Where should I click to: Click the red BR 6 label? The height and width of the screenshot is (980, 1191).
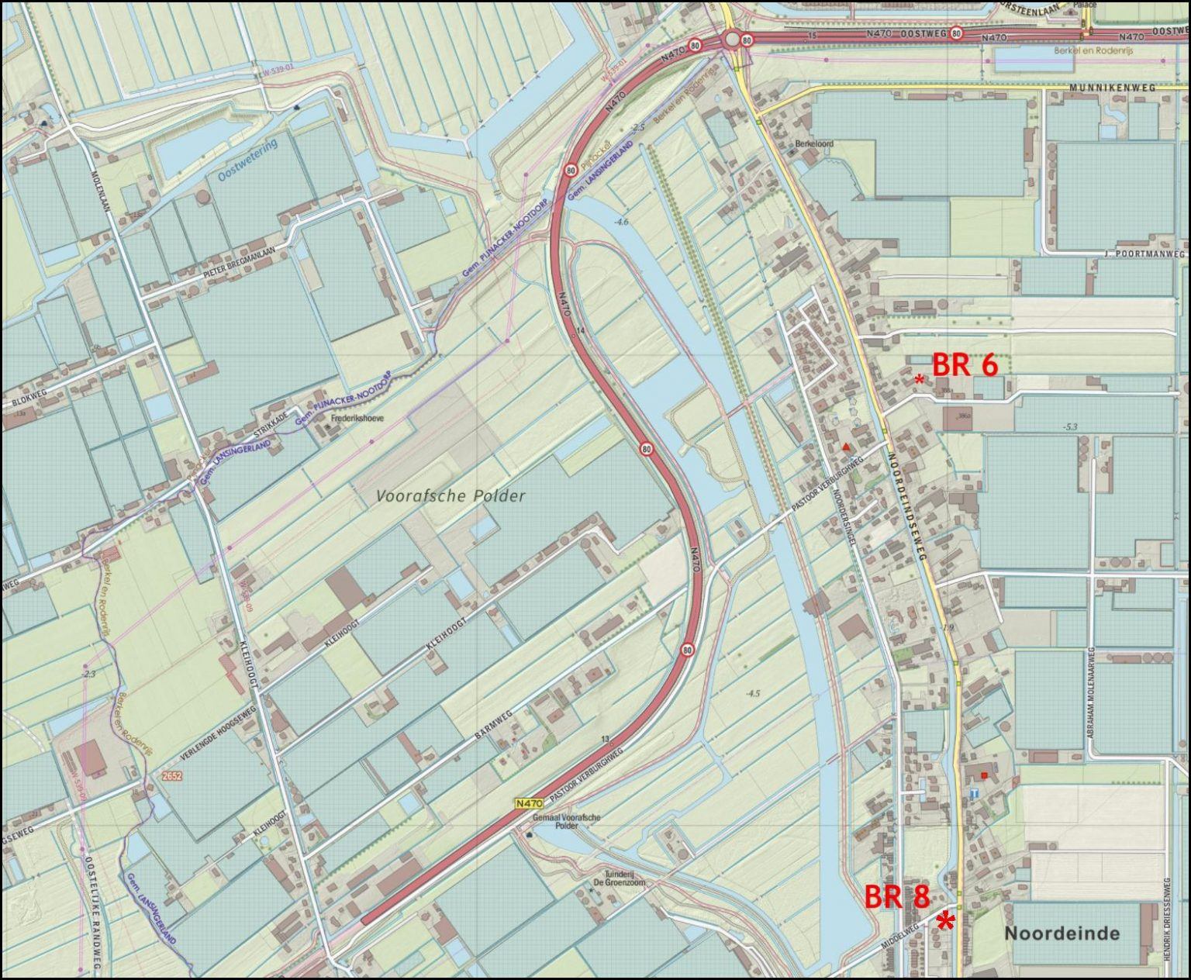[964, 364]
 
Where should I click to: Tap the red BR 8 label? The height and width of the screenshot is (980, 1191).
[896, 897]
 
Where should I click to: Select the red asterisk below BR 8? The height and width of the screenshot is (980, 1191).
[945, 921]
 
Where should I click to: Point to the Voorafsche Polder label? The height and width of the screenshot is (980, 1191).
[451, 496]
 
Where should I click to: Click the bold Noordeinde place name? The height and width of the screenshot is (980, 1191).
[1062, 933]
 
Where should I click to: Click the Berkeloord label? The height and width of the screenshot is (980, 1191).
[813, 144]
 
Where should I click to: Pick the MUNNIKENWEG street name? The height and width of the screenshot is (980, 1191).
[1112, 88]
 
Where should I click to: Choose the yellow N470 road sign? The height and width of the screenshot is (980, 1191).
[527, 804]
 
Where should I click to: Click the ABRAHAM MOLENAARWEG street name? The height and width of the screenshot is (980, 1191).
[1090, 692]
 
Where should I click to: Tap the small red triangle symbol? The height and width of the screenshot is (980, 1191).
[846, 448]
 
